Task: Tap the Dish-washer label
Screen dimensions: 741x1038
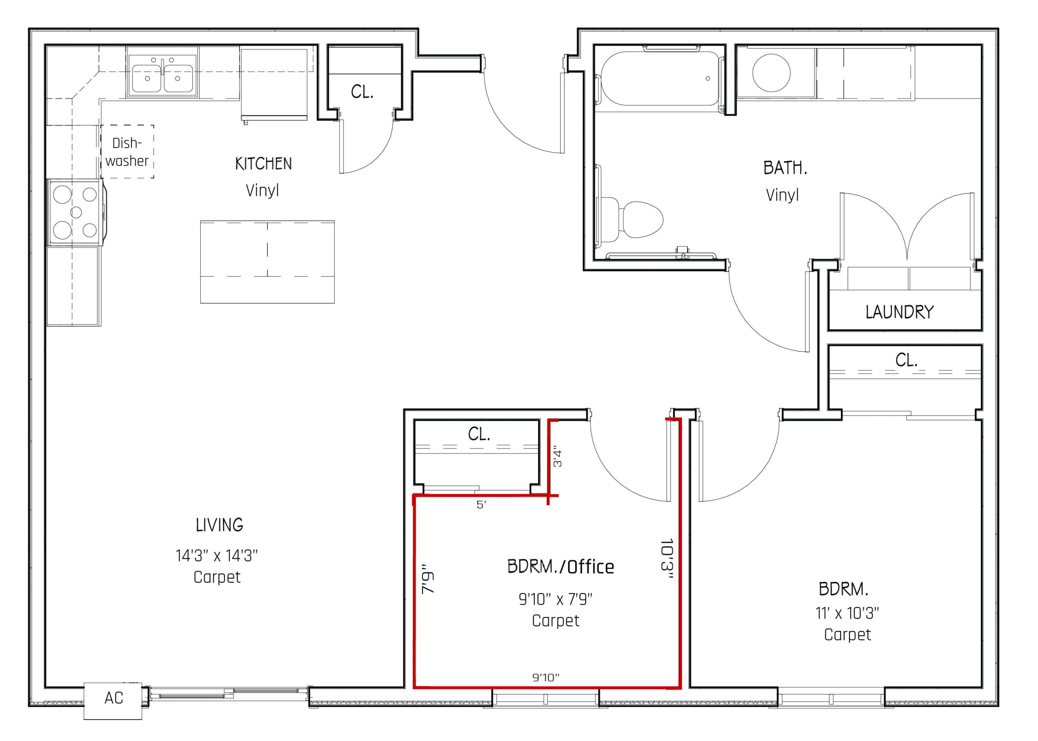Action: click(x=127, y=152)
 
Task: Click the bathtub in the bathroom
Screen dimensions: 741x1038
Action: click(x=658, y=79)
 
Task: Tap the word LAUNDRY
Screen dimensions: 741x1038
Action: click(x=899, y=312)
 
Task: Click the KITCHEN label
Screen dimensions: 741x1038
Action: click(x=263, y=164)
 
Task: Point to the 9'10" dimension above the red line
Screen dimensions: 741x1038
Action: click(x=545, y=678)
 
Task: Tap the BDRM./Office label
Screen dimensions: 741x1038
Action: click(x=560, y=567)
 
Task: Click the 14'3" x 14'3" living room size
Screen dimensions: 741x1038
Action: click(x=217, y=556)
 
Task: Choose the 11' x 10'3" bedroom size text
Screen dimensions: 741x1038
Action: click(x=847, y=613)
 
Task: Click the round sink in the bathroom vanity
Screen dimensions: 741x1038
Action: click(x=771, y=72)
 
